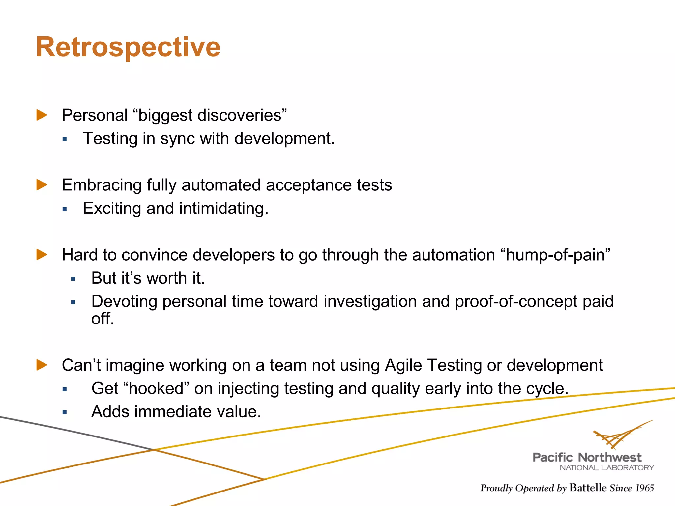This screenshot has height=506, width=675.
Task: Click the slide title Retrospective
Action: pos(128,47)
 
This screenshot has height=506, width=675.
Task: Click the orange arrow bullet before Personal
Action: pos(42,115)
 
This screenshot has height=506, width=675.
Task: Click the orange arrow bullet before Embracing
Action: pos(42,185)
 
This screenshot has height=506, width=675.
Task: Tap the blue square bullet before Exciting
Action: pos(65,209)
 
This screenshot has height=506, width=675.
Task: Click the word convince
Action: pos(154,255)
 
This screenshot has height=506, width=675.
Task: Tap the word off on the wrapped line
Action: pos(102,319)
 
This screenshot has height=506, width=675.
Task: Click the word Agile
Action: pos(403,365)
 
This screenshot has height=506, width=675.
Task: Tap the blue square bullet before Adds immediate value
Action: pos(65,412)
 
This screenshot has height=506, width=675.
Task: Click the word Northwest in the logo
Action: pos(610,457)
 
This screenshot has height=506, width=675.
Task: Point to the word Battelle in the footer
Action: pos(588,488)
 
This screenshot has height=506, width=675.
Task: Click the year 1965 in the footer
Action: pos(644,488)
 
